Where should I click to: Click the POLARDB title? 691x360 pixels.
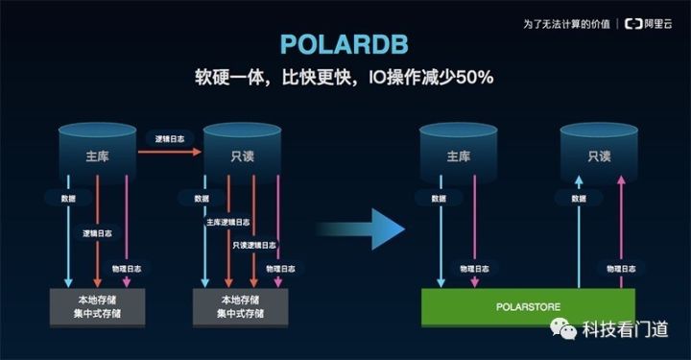click(345, 45)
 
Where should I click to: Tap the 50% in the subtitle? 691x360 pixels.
click(472, 76)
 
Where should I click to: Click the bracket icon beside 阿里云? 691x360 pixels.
click(631, 22)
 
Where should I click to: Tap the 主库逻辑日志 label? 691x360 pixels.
click(226, 223)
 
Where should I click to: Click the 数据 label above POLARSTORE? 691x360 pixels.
click(439, 199)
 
